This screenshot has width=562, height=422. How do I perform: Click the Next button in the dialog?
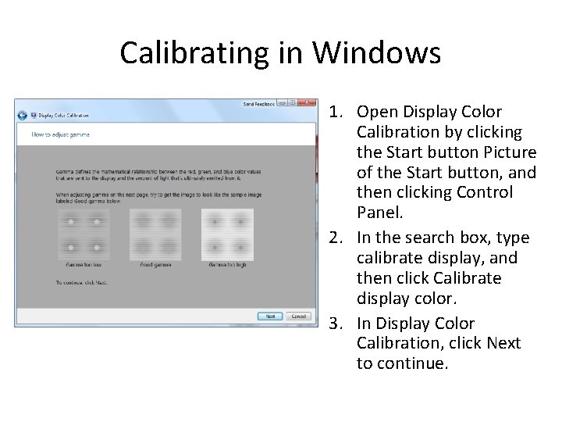(x=270, y=316)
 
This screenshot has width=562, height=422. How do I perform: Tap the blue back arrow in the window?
(x=23, y=115)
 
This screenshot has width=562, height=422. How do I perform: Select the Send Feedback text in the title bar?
(x=258, y=103)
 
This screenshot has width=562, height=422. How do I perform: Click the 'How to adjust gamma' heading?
(x=60, y=134)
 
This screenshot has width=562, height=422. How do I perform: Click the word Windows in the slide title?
(x=377, y=53)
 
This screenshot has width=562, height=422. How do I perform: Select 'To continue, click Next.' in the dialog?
(x=81, y=282)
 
